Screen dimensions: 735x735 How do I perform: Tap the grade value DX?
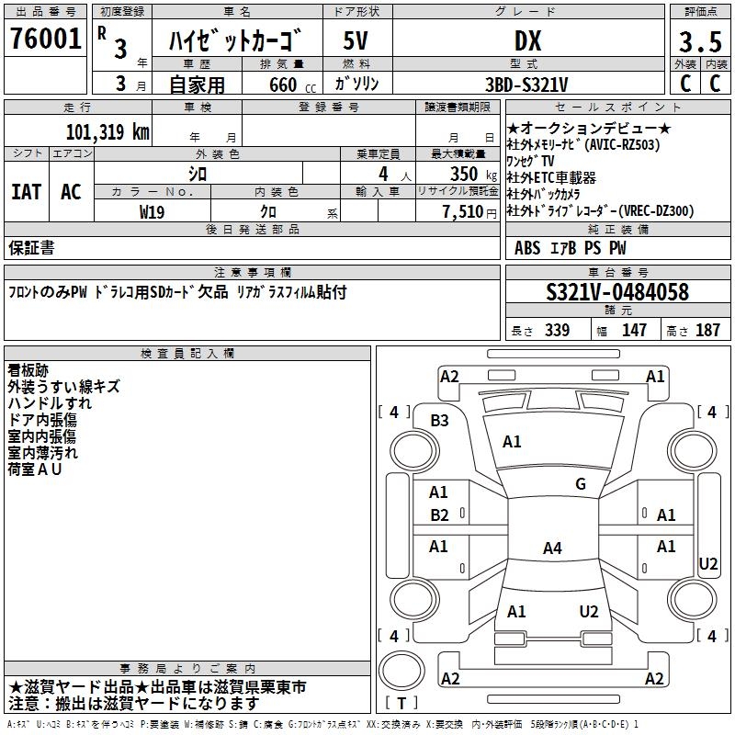[x=526, y=40]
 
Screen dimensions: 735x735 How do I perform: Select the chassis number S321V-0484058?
[x=617, y=292]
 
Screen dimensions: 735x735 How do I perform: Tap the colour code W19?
[x=153, y=210]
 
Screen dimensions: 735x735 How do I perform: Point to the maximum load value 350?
[x=464, y=174]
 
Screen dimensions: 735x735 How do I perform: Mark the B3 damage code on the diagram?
[x=440, y=420]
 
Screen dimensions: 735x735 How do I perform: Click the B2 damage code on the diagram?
[x=440, y=515]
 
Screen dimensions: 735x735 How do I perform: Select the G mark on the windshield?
[x=581, y=484]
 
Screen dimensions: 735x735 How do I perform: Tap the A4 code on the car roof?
[x=551, y=548]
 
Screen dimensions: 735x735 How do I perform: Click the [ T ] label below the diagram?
[x=401, y=703]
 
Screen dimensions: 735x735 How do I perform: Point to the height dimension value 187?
[x=708, y=330]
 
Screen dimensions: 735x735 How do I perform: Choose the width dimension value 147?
[x=634, y=330]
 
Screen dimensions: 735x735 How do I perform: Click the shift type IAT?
[x=26, y=192]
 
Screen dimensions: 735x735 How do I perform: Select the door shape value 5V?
[x=356, y=40]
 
